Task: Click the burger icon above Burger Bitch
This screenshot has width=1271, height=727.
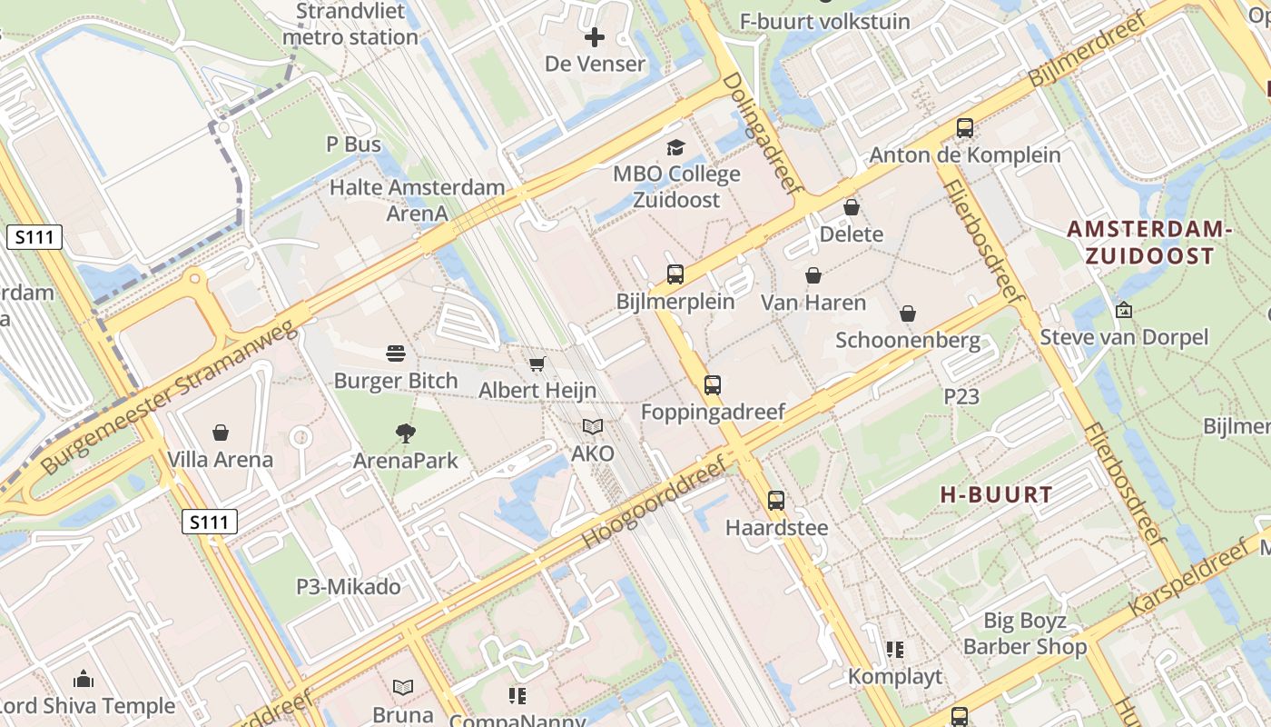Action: [x=395, y=353]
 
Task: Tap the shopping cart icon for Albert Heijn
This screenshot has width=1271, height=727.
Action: [x=537, y=364]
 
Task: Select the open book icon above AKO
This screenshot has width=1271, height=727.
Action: [x=593, y=426]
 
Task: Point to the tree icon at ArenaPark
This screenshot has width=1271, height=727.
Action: [x=406, y=433]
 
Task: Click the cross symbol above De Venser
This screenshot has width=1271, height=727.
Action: [x=595, y=37]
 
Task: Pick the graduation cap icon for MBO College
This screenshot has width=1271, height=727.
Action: [x=675, y=147]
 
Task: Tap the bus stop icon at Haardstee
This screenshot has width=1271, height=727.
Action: [x=775, y=501]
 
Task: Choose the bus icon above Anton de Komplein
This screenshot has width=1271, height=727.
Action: [x=964, y=128]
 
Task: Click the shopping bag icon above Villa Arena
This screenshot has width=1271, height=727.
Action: [x=220, y=433]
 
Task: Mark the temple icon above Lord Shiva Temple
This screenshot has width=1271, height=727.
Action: [x=84, y=679]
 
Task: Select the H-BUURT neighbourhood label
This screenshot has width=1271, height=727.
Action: [x=996, y=495]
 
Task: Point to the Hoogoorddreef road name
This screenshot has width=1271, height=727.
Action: [x=654, y=503]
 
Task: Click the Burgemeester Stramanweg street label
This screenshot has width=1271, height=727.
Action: [x=170, y=397]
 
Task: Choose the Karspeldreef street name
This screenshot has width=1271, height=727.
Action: [x=1188, y=578]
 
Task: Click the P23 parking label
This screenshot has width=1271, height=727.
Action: [x=961, y=396]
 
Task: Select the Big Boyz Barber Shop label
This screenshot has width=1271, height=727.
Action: [x=1025, y=633]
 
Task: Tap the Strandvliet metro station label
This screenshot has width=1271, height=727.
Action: [x=350, y=25]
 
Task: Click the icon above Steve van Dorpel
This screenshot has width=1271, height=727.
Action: [x=1124, y=310]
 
